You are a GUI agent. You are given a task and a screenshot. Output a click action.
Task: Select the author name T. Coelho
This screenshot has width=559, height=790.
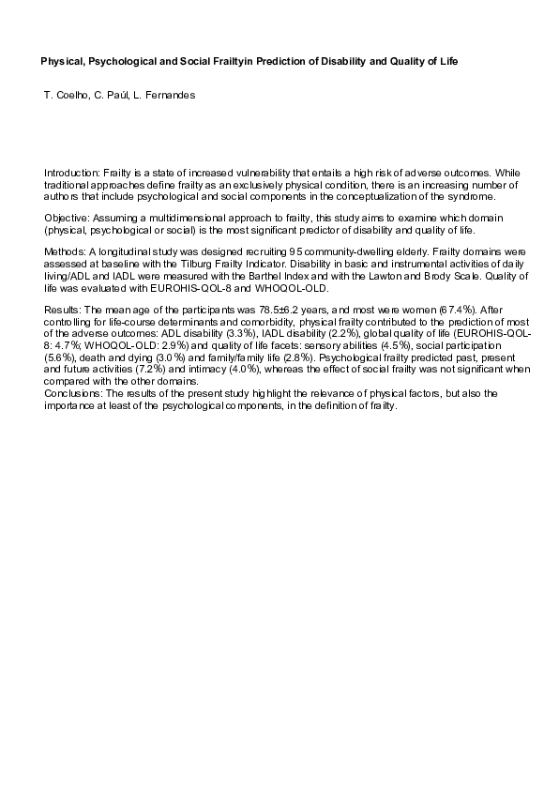click(x=65, y=97)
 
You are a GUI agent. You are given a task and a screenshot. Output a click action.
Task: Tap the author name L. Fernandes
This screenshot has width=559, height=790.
click(x=170, y=97)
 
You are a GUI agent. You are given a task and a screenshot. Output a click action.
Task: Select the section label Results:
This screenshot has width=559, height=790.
click(x=64, y=309)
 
